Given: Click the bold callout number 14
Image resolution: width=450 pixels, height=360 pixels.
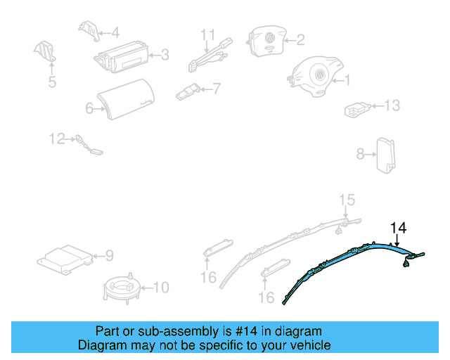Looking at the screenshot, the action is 399,228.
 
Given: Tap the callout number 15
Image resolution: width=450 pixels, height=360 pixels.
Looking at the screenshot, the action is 347,200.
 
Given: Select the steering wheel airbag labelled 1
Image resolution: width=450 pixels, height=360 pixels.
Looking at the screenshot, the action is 315,76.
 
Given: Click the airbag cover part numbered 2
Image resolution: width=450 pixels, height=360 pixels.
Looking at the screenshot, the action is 266,41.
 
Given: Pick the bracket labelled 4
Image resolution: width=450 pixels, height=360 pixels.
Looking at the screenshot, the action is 89,30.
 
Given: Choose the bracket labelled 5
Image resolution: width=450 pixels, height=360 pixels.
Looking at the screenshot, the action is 45,51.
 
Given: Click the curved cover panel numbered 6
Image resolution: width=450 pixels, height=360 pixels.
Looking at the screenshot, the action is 126,99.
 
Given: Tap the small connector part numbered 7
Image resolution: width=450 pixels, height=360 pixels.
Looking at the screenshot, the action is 188,92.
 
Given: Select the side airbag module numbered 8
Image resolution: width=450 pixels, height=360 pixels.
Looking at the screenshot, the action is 386,155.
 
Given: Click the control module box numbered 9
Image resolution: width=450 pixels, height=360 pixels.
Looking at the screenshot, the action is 65,260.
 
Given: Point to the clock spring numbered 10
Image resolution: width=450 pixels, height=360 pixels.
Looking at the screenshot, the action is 122,288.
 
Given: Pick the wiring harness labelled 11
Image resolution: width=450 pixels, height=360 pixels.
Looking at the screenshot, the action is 210,55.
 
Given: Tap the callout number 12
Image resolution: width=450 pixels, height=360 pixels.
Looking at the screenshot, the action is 57,139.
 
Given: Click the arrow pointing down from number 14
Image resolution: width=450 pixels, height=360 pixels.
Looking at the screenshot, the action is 397,240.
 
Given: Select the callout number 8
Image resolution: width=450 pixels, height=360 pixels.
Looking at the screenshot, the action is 361,154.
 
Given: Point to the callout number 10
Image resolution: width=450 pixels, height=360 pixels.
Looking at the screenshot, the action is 161,288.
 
